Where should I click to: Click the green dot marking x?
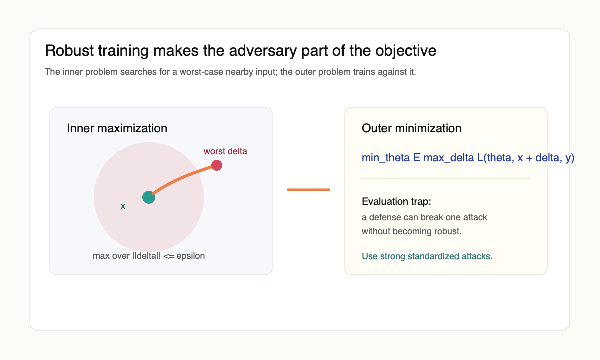click(x=149, y=197)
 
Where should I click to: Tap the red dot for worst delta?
click(x=217, y=165)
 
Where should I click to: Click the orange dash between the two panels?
click(x=308, y=190)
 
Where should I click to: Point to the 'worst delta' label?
click(x=225, y=151)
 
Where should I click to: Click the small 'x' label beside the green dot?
click(x=123, y=206)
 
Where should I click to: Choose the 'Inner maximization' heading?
click(x=117, y=128)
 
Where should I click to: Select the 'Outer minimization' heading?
click(x=411, y=128)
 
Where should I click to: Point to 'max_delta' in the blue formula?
click(x=446, y=158)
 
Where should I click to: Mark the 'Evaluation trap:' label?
click(x=396, y=202)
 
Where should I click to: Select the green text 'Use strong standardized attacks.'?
click(x=427, y=256)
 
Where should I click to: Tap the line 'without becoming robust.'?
click(x=411, y=231)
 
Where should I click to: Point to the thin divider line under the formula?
click(x=445, y=179)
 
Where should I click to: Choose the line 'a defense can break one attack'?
click(x=424, y=217)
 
